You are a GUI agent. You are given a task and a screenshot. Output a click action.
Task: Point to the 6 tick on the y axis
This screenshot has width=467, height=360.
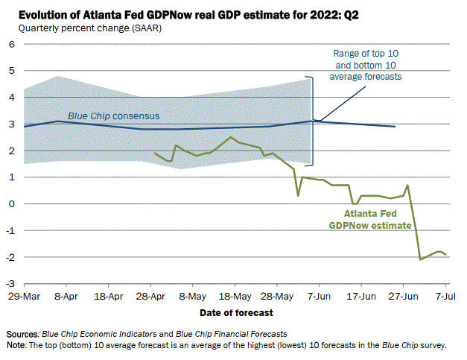(x=12, y=44)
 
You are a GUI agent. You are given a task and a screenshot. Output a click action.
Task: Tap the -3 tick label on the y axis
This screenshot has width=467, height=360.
(x=10, y=284)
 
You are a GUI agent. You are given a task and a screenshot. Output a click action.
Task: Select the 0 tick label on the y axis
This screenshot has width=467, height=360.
(x=12, y=203)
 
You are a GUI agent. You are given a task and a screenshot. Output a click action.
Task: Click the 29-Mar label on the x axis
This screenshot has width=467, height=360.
(x=25, y=296)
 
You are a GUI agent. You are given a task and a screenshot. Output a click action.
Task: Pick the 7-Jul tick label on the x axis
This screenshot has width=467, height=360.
(x=446, y=296)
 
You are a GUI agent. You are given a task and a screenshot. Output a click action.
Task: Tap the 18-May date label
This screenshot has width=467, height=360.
(x=235, y=296)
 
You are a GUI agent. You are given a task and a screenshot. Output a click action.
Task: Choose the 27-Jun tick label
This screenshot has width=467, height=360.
(x=403, y=296)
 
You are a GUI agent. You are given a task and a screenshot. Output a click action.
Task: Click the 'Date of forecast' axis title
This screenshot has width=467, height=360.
(x=235, y=312)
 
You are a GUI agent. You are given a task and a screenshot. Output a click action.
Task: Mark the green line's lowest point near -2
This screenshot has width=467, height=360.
(x=421, y=259)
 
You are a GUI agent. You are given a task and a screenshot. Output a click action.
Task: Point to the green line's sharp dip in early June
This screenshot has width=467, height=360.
(x=298, y=195)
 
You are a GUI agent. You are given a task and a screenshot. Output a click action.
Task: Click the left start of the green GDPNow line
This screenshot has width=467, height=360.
(x=154, y=153)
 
